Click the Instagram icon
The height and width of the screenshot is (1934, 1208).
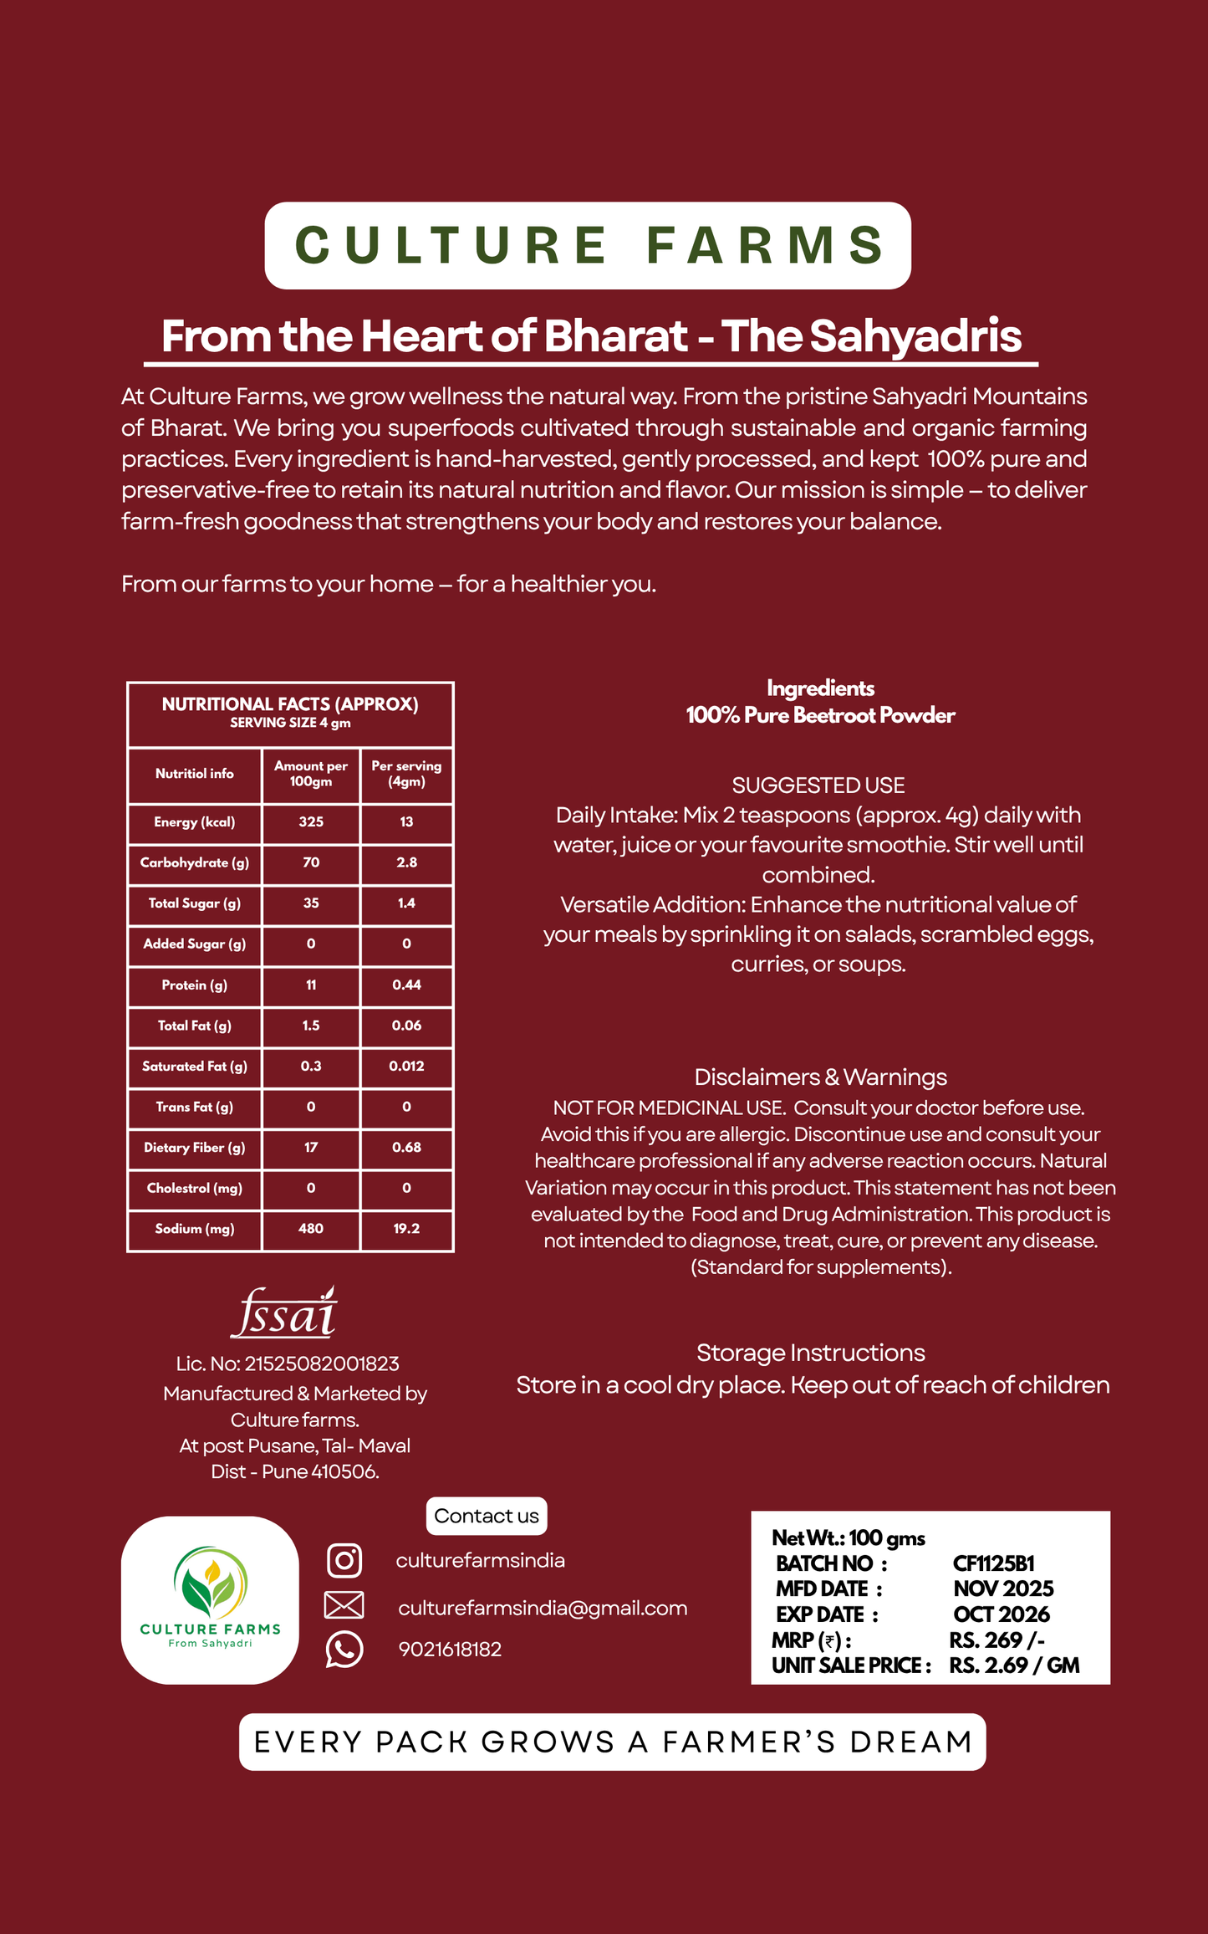pyautogui.click(x=344, y=1560)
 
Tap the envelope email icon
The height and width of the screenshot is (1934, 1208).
pyautogui.click(x=344, y=1605)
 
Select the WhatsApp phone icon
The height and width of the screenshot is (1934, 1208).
pyautogui.click(x=344, y=1650)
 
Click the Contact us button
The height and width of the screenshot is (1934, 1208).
pyautogui.click(x=487, y=1516)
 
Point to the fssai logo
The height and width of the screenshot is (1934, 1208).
pyautogui.click(x=285, y=1312)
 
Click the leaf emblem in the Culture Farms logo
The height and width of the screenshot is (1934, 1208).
pyautogui.click(x=210, y=1583)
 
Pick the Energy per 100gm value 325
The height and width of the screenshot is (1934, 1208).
pyautogui.click(x=311, y=822)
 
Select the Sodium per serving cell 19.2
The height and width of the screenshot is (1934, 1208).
pyautogui.click(x=406, y=1229)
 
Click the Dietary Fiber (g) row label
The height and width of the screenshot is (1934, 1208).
pyautogui.click(x=195, y=1148)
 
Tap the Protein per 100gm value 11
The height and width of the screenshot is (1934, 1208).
pyautogui.click(x=311, y=985)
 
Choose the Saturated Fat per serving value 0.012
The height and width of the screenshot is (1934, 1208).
pyautogui.click(x=406, y=1067)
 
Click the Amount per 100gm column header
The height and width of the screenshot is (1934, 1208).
pyautogui.click(x=311, y=774)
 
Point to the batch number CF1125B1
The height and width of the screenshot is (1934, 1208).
pyautogui.click(x=994, y=1563)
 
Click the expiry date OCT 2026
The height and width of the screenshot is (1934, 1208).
pyautogui.click(x=1002, y=1614)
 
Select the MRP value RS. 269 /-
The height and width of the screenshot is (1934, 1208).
pyautogui.click(x=996, y=1640)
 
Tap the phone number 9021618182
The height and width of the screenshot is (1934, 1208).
pyautogui.click(x=450, y=1650)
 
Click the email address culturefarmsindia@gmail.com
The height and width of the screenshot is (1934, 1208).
pyautogui.click(x=543, y=1608)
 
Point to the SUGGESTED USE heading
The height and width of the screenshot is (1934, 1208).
pyautogui.click(x=818, y=785)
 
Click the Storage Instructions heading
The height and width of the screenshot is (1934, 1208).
pyautogui.click(x=811, y=1353)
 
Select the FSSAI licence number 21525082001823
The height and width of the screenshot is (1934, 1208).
pyautogui.click(x=321, y=1364)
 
